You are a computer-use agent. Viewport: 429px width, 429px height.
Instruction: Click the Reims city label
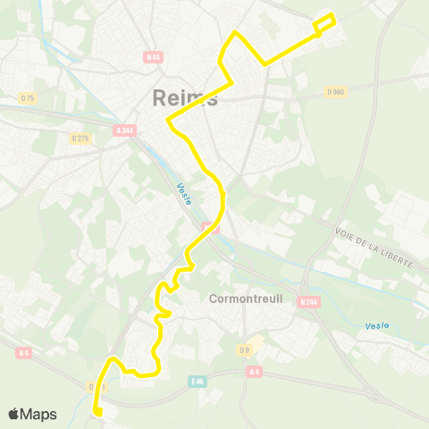pos(185,97)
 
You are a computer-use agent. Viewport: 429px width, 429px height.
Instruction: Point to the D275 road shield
pos(80,138)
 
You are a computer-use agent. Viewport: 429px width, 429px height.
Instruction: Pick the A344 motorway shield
pos(125,130)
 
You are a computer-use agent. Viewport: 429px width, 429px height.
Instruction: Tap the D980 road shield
pos(335,91)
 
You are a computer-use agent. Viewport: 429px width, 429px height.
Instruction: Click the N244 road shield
pos(308,302)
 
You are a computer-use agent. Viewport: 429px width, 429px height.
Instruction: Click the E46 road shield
pos(198,380)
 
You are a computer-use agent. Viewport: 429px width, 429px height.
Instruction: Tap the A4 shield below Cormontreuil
pos(255,372)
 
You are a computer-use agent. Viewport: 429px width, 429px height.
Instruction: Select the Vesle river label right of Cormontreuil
pos(376,326)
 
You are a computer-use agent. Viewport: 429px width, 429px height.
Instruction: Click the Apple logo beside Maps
pos(13,414)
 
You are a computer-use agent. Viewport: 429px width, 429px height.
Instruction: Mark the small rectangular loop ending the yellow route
pos(324,23)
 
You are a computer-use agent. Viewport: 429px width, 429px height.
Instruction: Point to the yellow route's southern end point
pos(97,412)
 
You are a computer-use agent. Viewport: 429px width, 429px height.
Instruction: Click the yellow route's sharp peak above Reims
pos(235,33)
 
